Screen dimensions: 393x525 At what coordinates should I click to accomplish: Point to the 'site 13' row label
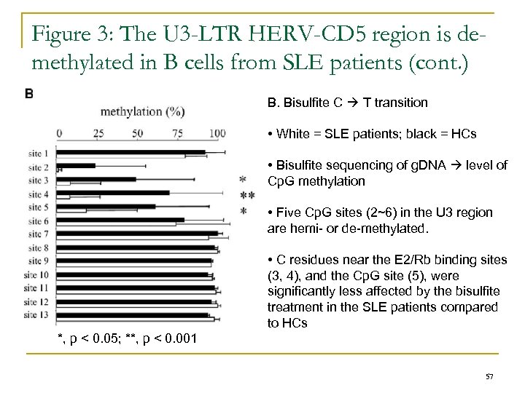(x=37, y=315)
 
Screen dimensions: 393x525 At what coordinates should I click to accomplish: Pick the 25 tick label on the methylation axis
(x=98, y=132)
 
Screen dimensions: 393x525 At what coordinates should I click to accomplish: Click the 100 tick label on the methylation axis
(x=217, y=132)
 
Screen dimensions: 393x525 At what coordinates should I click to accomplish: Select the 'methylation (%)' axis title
(x=141, y=111)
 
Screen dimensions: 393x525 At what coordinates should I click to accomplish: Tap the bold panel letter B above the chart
(x=28, y=93)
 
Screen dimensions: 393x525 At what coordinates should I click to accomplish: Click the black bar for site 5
(x=106, y=207)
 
